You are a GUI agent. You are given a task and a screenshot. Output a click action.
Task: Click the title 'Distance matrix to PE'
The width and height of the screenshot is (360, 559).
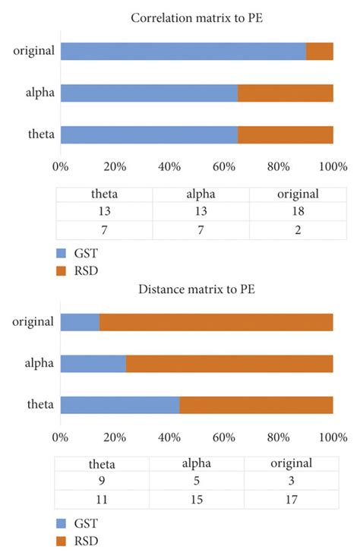click(x=197, y=289)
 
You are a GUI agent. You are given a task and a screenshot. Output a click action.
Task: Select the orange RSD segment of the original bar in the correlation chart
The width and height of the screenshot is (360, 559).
click(x=320, y=51)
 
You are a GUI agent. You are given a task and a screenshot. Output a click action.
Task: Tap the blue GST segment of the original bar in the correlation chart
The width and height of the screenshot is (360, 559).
click(x=183, y=51)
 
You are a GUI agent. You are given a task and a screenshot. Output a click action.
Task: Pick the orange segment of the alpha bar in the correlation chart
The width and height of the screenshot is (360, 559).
click(x=286, y=93)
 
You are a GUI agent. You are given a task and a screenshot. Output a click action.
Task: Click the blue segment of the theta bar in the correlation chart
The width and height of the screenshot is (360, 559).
click(x=149, y=134)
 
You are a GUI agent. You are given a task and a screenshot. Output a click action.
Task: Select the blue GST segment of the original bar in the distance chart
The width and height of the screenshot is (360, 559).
click(x=80, y=321)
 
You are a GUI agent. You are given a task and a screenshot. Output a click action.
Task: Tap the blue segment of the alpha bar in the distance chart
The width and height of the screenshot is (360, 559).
click(x=93, y=363)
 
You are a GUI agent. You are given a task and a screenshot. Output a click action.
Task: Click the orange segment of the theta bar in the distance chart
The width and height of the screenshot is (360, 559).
click(x=256, y=405)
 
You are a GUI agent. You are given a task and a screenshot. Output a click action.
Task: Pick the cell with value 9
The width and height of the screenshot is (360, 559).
click(x=102, y=482)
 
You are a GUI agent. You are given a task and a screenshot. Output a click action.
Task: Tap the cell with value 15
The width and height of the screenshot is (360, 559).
click(x=196, y=500)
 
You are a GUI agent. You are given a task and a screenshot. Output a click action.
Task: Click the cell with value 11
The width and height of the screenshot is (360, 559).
click(x=102, y=500)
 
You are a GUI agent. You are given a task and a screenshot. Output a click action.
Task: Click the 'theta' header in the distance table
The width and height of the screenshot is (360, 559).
click(x=102, y=463)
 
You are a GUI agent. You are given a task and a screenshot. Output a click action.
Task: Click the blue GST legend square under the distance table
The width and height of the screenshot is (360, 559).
click(x=62, y=524)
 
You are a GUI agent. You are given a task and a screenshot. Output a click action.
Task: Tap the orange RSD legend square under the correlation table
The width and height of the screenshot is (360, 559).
click(x=62, y=269)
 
